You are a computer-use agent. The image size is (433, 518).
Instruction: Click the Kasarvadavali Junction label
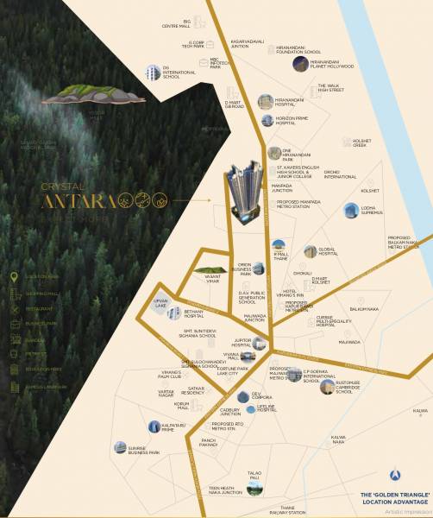pyautogui.click(x=246, y=44)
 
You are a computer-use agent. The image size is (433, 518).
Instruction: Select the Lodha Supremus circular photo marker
pyautogui.click(x=350, y=210)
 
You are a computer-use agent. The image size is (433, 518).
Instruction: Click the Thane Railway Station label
pyautogui.click(x=286, y=510)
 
